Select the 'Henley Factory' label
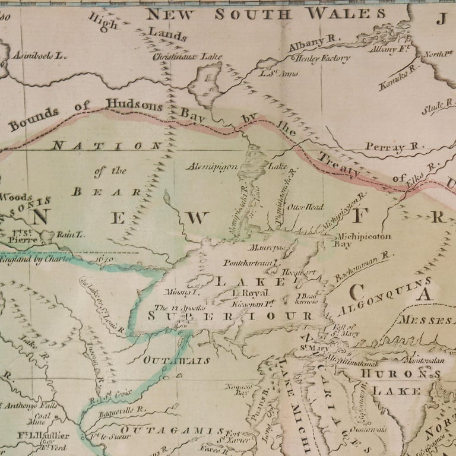tap(322, 58)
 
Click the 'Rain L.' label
tap(71, 235)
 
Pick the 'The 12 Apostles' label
tap(180, 308)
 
